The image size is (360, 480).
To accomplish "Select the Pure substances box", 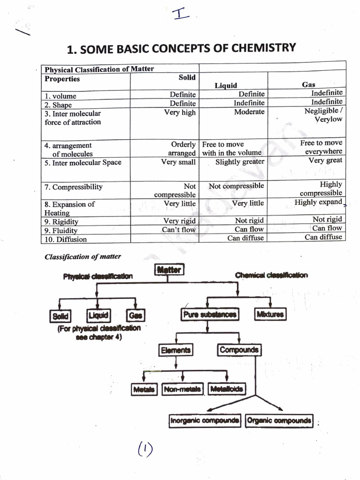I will click(209, 315).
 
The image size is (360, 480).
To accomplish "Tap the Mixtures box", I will click(270, 315).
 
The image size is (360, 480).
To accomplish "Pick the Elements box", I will click(176, 350).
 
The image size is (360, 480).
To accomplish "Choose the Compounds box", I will click(238, 350).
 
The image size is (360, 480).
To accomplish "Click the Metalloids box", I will click(226, 389).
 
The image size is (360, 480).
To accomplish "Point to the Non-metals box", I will click(182, 389).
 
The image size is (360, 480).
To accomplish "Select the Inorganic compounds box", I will click(204, 420).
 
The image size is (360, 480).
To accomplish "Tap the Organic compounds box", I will click(278, 420).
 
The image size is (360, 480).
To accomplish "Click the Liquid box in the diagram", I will click(98, 315).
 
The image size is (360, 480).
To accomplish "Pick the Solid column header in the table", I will click(187, 77).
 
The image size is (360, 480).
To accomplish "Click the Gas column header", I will click(308, 85).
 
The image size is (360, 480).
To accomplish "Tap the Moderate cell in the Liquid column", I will click(249, 112).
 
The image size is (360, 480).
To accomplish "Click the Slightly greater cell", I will click(240, 162).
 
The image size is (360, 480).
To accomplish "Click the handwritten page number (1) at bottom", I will click(145, 450).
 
